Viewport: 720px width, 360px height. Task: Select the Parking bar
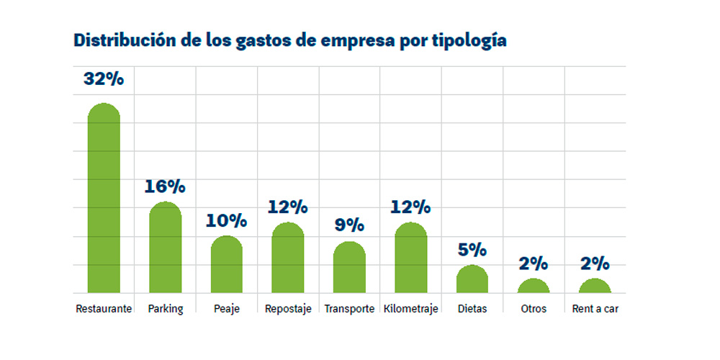click(x=166, y=248)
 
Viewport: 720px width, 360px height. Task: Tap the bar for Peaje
click(x=227, y=264)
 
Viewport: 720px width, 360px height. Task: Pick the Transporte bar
click(x=349, y=267)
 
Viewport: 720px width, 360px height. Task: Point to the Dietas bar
click(x=472, y=279)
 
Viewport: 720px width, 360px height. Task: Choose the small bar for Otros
click(x=534, y=286)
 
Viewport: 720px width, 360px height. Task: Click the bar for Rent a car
click(x=595, y=286)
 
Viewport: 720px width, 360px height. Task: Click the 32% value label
click(x=104, y=79)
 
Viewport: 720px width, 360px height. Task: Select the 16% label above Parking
click(x=165, y=186)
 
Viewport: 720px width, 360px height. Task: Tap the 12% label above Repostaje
click(x=288, y=207)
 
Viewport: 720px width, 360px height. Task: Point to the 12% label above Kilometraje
click(x=410, y=207)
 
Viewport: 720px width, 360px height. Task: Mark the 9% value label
click(x=349, y=225)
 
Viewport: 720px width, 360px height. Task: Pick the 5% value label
click(x=472, y=251)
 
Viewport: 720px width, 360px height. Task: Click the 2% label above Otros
click(x=534, y=264)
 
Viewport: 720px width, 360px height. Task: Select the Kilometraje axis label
click(x=410, y=309)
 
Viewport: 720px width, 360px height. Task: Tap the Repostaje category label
click(x=288, y=309)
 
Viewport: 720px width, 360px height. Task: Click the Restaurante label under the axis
click(x=104, y=309)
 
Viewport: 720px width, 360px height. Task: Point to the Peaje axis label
click(x=227, y=309)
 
